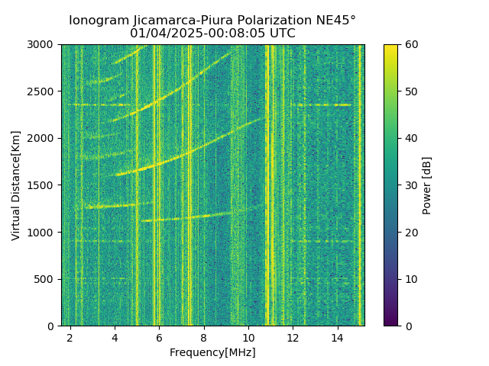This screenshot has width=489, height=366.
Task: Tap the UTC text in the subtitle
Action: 281,34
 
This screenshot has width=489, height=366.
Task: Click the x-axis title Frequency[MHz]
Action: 212,352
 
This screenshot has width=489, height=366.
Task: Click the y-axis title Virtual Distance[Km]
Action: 16,185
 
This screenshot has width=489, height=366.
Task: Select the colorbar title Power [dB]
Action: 427,185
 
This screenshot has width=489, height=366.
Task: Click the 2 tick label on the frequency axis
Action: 70,337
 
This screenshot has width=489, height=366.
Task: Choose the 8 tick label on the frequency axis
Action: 204,337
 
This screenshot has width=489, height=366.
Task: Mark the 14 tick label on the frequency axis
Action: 337,337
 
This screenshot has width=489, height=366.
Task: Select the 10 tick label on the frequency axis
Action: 248,337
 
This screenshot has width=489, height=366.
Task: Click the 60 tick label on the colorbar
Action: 410,45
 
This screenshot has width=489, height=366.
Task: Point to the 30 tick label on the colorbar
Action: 410,185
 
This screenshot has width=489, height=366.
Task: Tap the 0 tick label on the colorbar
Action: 407,326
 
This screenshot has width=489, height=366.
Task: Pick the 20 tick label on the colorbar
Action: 410,233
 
